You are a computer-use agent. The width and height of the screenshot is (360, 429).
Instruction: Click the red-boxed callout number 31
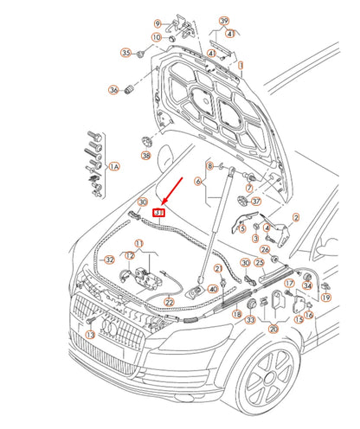coord(158,211)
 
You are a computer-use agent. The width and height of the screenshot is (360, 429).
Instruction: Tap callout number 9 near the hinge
coord(157,22)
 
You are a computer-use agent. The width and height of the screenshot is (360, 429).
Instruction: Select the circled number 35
coord(126,54)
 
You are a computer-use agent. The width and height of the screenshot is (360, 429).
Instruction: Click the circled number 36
coord(112,89)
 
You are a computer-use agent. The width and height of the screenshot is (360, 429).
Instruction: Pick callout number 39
coord(224,20)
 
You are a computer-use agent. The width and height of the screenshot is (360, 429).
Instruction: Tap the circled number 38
coord(145,157)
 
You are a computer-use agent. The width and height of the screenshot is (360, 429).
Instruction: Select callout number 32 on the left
coord(109,259)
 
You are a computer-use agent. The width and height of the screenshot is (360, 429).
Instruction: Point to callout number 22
coord(170,301)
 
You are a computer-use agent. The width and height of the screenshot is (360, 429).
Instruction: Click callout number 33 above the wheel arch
coord(249,320)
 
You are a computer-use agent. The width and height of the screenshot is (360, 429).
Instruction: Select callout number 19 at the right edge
coord(325,297)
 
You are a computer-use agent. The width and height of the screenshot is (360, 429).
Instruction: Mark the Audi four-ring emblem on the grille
coord(110,327)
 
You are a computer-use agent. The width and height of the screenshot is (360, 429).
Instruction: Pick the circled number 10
coord(157,37)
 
